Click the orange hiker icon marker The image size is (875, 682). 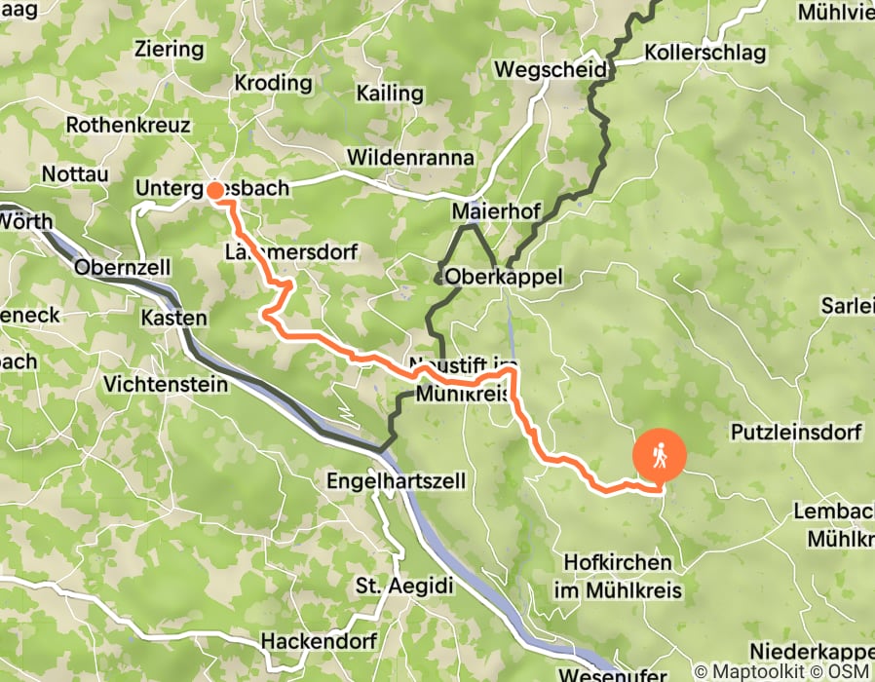(660, 456)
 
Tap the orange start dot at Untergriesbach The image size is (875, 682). (214, 189)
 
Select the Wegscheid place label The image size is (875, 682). (551, 70)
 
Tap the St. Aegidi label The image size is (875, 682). (391, 585)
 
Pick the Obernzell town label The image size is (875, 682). (123, 267)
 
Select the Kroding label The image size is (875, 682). (272, 83)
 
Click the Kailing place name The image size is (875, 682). (390, 95)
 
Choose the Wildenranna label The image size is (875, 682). (410, 157)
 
